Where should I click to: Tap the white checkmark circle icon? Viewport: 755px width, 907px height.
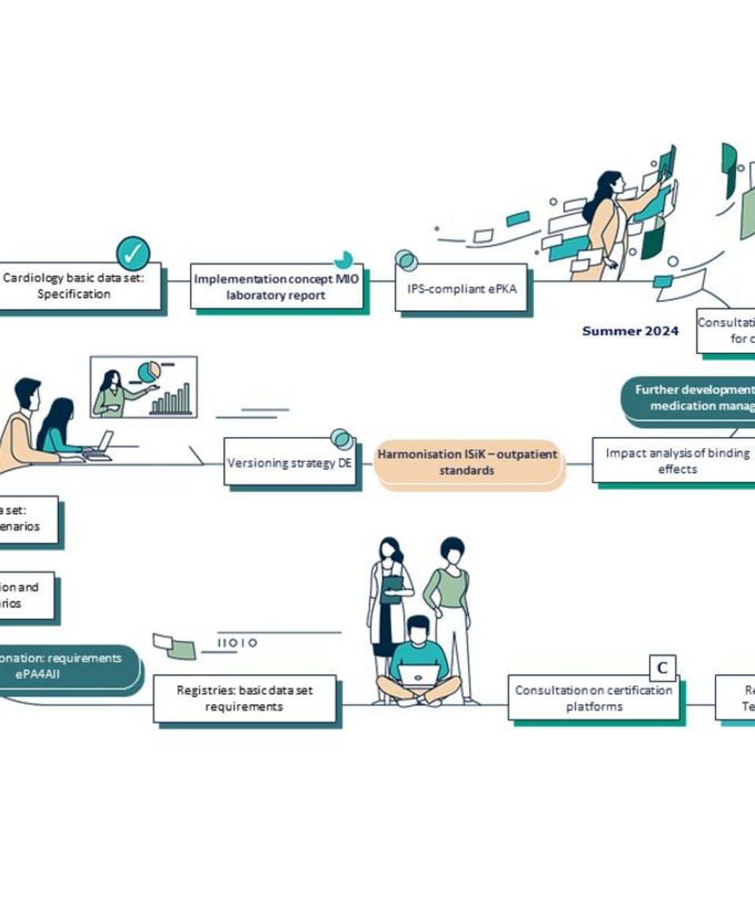coord(133,253)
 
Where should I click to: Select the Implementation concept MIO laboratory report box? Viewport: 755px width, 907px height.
coord(278,287)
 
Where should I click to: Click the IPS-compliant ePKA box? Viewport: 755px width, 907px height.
coord(462,288)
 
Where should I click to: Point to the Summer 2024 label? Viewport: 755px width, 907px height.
coord(630,331)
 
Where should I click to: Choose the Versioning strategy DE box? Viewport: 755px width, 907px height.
coord(289,463)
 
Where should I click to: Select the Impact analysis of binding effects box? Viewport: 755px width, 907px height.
coord(676,461)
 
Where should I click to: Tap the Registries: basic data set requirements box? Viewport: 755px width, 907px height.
coord(245,699)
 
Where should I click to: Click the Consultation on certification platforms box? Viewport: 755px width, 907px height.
coord(593,698)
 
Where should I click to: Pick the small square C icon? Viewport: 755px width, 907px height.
coord(662,668)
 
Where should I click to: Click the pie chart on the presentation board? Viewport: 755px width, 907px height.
coord(149,371)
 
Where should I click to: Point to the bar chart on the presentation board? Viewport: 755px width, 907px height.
coord(171,400)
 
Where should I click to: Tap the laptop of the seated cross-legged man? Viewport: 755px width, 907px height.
coord(418,675)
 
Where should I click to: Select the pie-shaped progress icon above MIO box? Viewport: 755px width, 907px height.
coord(343,260)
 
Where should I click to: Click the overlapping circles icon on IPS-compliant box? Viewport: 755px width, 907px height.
coord(406,260)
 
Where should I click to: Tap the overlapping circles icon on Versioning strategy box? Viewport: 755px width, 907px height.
coord(341,439)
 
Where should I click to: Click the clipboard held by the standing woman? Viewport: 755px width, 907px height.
coord(392,588)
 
